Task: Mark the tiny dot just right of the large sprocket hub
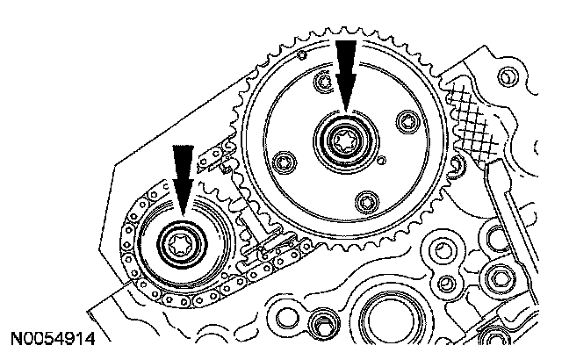(384, 161)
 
